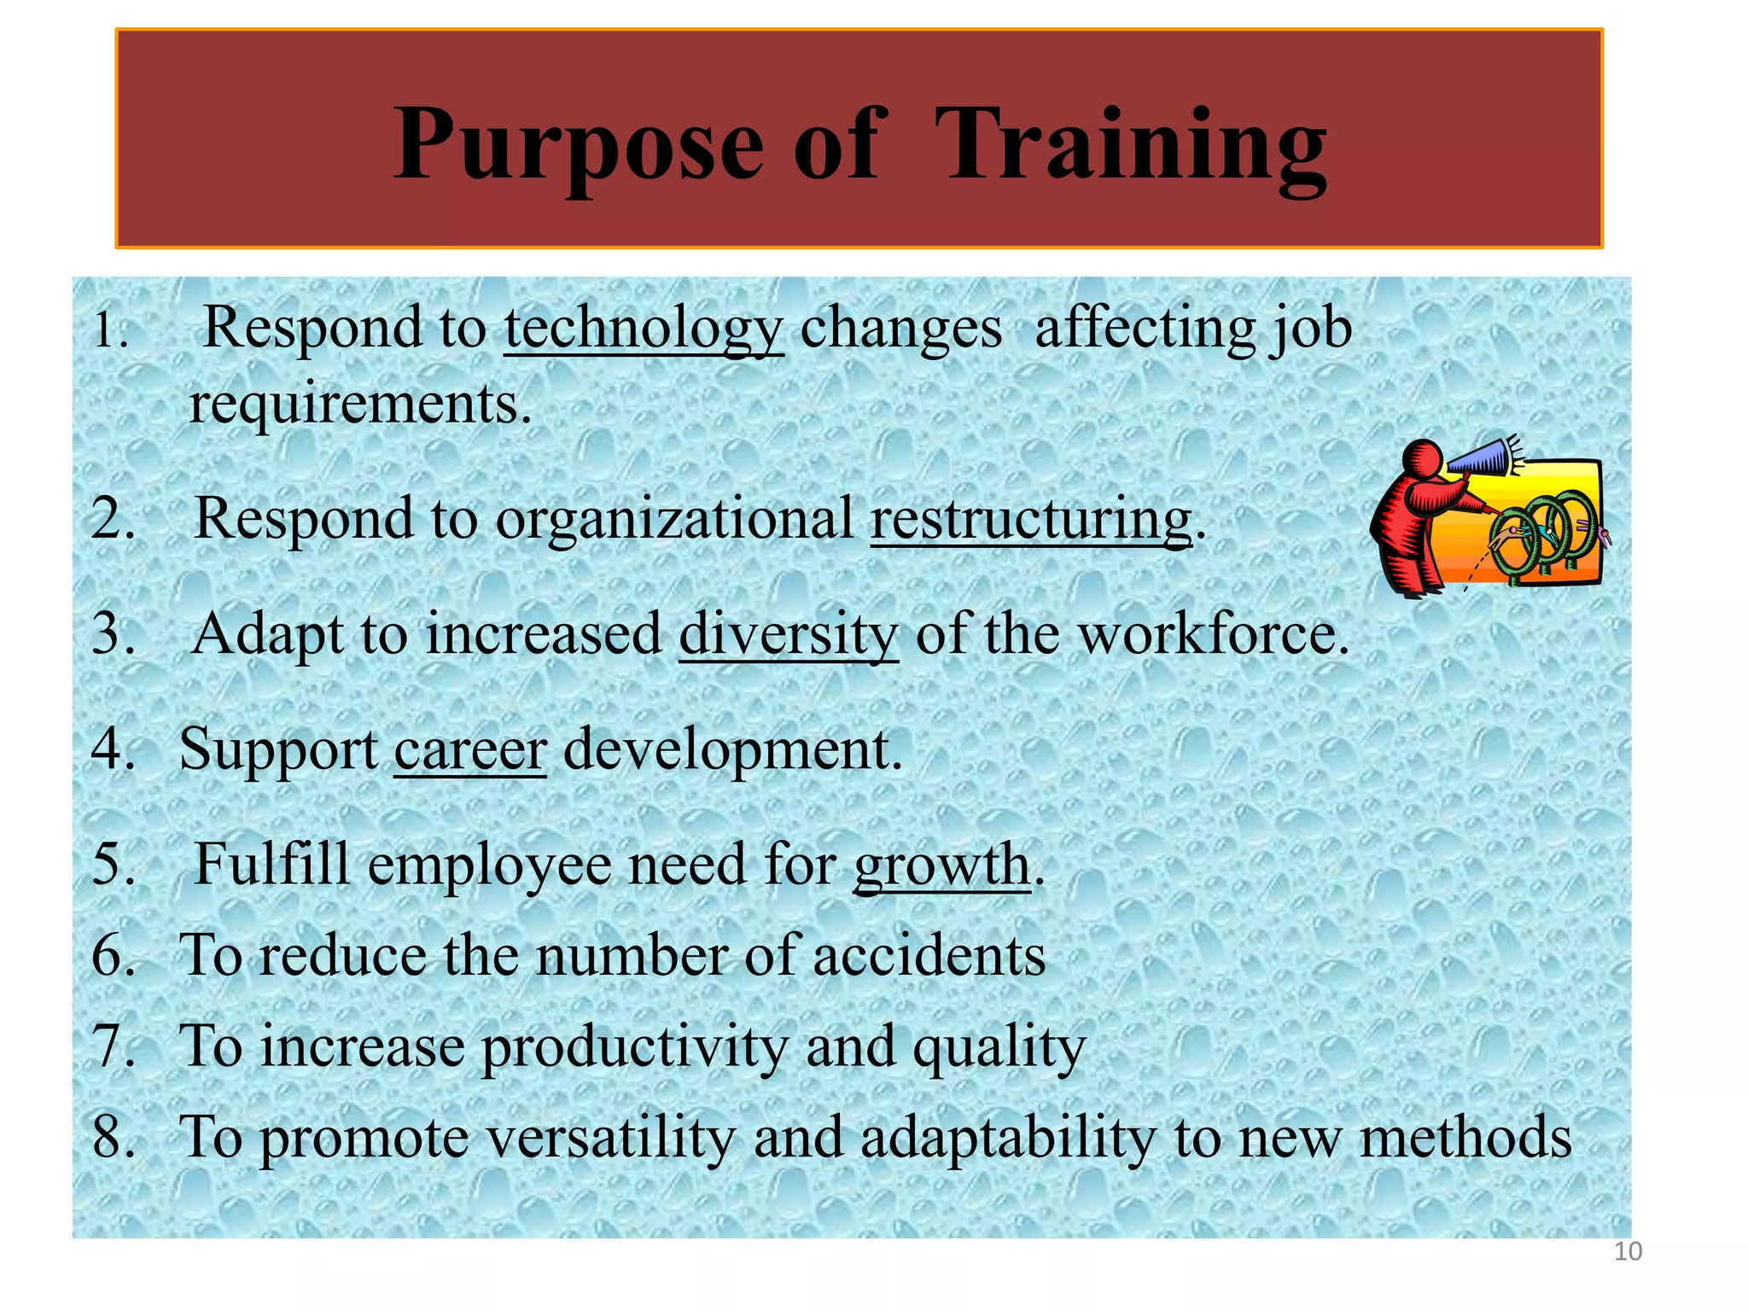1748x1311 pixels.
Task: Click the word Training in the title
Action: coord(1131,145)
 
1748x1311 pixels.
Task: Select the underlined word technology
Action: coord(644,329)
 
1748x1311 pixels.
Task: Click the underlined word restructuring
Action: coord(1030,518)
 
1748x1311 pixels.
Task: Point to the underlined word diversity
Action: coord(789,634)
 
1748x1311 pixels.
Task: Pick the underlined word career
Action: coord(469,749)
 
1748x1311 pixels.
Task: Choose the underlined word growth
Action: coord(941,865)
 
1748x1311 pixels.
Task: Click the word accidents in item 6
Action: coord(929,955)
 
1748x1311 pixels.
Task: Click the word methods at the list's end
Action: coord(1465,1137)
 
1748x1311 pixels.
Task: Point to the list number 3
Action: coord(111,634)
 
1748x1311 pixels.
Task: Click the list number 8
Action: coord(111,1137)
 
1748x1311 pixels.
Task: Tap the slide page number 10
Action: coord(1628,1251)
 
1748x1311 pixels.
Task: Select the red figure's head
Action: coord(1423,461)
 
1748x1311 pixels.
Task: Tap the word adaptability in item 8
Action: coord(1007,1137)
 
